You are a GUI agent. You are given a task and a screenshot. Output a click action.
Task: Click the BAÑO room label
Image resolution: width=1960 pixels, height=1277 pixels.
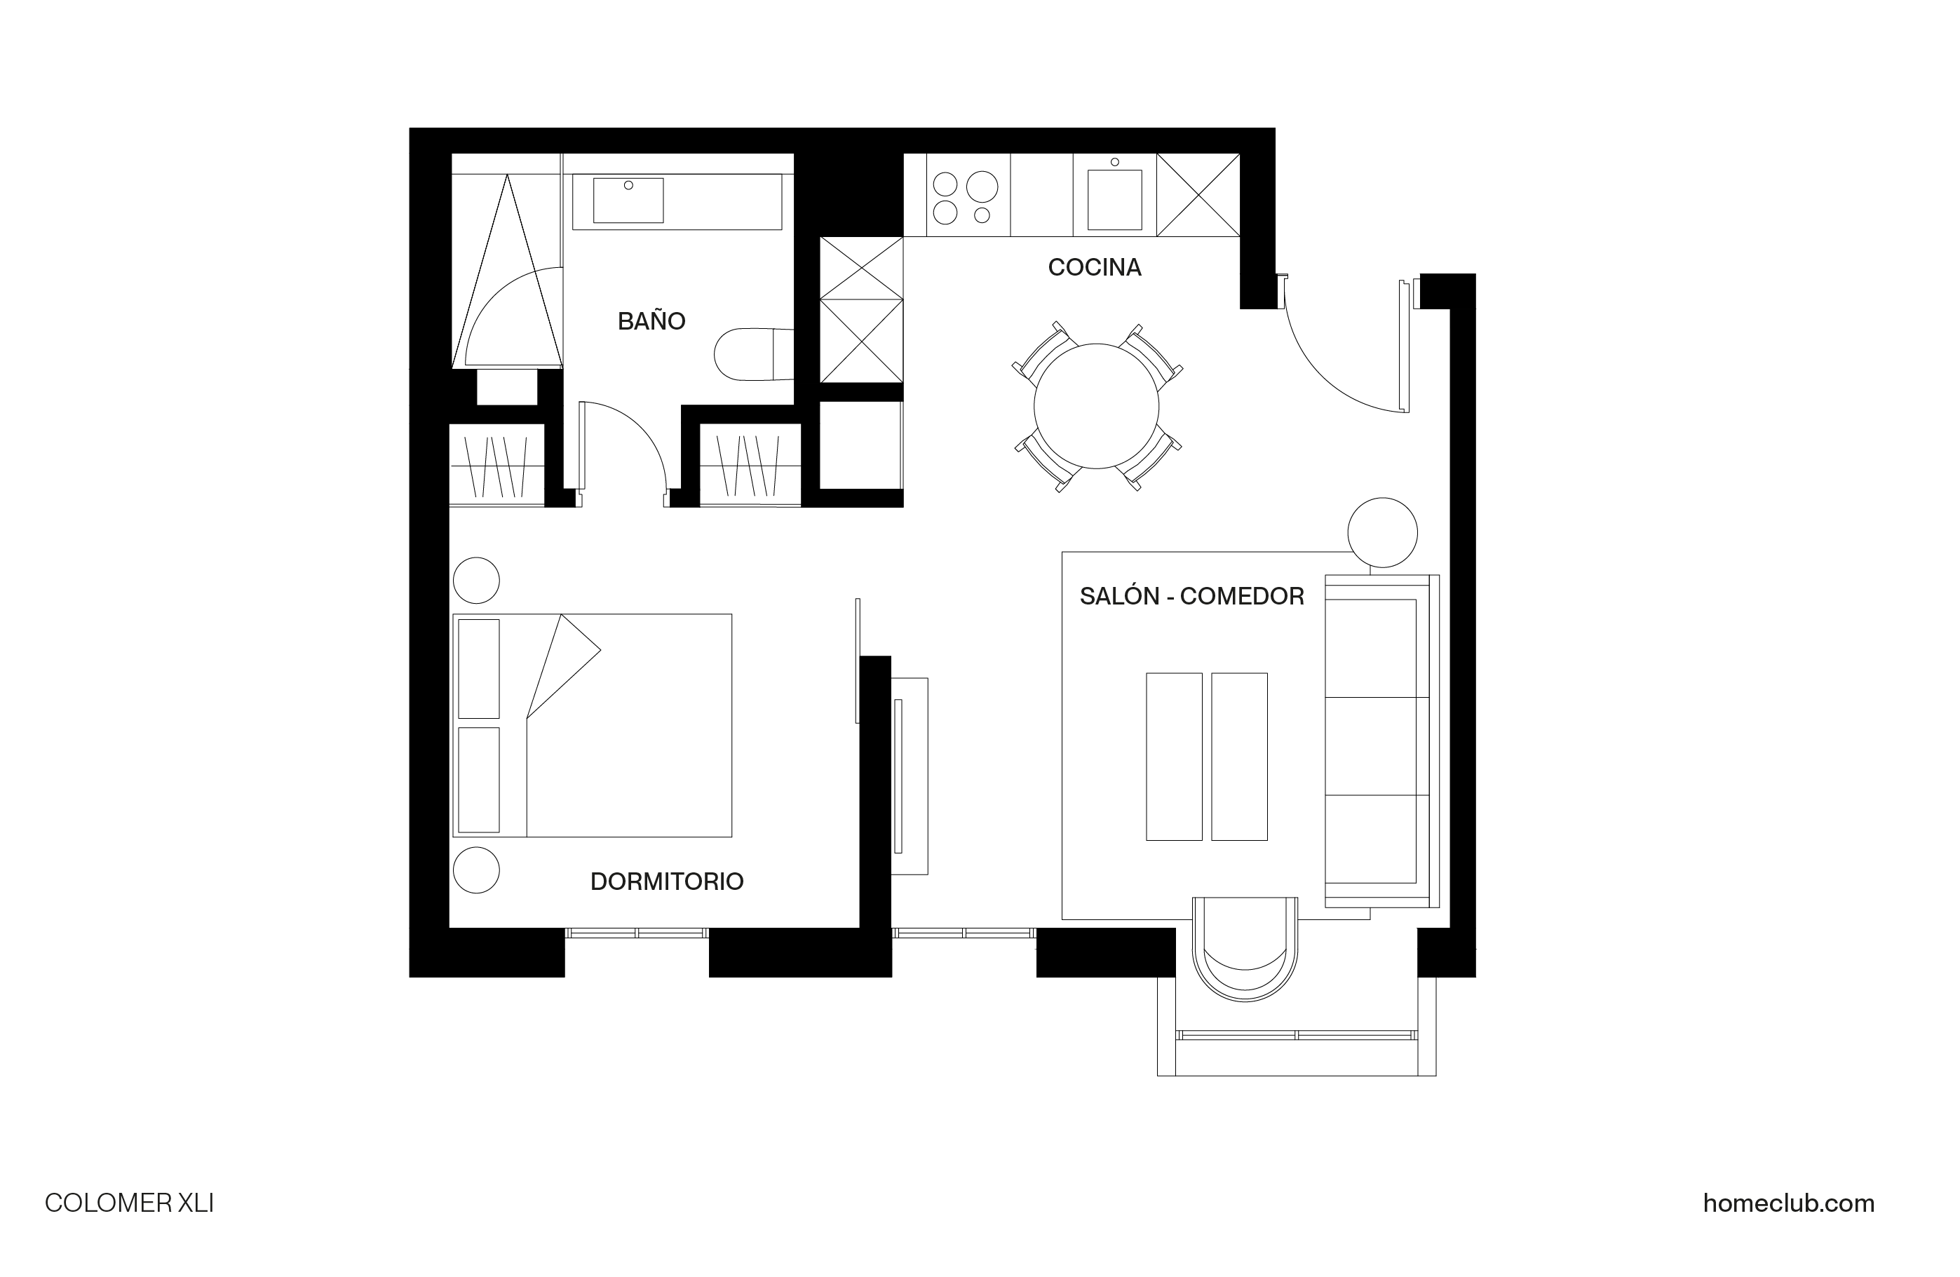tap(651, 321)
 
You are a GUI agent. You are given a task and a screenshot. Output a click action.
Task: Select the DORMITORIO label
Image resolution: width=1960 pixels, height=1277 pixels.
tap(667, 881)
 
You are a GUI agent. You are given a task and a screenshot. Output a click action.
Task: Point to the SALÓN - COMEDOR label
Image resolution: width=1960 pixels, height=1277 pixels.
tap(1191, 596)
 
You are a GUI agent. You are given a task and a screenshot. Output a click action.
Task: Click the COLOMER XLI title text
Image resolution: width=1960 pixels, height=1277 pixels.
tap(129, 1204)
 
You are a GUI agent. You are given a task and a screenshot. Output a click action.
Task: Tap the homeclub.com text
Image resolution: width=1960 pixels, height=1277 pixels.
tap(1789, 1204)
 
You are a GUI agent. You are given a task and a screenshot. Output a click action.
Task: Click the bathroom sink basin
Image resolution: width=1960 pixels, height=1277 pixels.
tap(628, 200)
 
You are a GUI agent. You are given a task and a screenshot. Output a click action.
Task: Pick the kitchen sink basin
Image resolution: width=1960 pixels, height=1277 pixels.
tap(1114, 200)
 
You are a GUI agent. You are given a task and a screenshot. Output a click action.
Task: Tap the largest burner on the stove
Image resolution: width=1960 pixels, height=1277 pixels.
tap(982, 187)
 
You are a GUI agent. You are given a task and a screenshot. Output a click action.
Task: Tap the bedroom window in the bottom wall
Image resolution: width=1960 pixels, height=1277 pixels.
tap(637, 933)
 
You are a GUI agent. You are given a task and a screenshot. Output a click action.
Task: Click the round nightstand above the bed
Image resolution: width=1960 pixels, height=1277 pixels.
tap(476, 581)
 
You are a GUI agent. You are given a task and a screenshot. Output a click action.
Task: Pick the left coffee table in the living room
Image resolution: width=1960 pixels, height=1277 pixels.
tap(1173, 757)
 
